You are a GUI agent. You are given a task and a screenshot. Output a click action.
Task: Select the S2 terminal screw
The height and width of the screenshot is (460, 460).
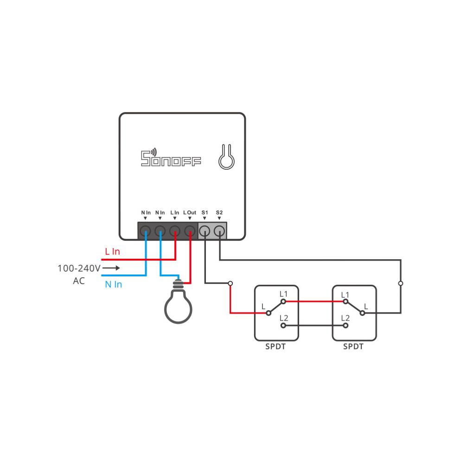click(x=219, y=230)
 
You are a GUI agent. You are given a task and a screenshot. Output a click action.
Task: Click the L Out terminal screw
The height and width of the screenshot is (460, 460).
click(x=190, y=230)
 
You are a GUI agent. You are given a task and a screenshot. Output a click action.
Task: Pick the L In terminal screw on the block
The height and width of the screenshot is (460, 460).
click(x=175, y=230)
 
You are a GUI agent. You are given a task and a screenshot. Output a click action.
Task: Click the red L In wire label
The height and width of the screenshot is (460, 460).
click(x=112, y=252)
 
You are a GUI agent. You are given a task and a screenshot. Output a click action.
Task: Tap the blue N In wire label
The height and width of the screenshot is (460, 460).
click(x=113, y=284)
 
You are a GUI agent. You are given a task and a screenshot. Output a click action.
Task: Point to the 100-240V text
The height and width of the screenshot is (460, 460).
click(x=79, y=268)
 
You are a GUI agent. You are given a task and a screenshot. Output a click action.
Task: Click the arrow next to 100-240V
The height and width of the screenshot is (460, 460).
click(x=111, y=268)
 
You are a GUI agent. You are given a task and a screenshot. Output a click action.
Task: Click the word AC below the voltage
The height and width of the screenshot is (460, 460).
click(x=79, y=281)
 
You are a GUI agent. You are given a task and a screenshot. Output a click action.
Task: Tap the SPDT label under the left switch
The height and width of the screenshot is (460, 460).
click(x=275, y=346)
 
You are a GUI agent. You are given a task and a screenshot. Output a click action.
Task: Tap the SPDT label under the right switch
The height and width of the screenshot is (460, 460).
click(x=353, y=346)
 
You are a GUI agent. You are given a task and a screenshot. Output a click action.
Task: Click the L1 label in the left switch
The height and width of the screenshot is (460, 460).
click(x=283, y=294)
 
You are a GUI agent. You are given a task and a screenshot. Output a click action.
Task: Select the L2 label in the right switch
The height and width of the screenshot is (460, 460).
click(x=345, y=318)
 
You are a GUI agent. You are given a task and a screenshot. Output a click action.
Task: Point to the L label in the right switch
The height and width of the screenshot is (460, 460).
click(x=366, y=306)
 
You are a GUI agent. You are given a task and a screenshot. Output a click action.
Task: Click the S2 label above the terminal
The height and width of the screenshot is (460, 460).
click(x=219, y=212)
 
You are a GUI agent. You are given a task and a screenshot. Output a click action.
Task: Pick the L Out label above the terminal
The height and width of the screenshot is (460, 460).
click(x=190, y=212)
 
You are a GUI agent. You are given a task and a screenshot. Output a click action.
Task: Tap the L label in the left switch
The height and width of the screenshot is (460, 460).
click(x=263, y=306)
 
